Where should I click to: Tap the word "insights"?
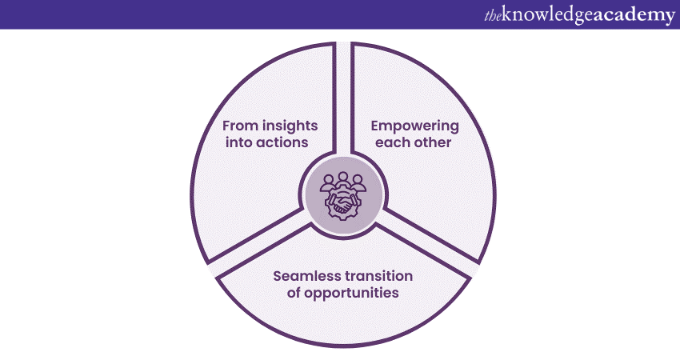click(290, 126)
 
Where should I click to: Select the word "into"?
click(238, 142)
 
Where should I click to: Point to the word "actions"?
click(282, 142)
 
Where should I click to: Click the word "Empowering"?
click(414, 126)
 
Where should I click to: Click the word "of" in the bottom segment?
click(293, 293)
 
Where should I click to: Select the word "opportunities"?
click(351, 294)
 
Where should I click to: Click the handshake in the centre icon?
click(343, 203)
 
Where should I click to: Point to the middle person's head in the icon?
click(343, 177)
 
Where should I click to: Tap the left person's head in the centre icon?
click(329, 179)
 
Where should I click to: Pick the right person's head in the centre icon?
click(358, 179)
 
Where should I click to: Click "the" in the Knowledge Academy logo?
click(493, 16)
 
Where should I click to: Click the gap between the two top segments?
click(343, 98)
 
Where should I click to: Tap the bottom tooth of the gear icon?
click(343, 218)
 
